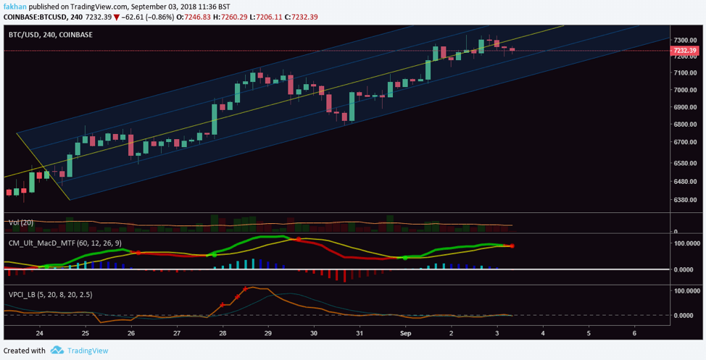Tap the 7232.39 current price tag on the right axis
pos(684,51)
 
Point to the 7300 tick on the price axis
pos(684,40)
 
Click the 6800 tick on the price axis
pos(684,125)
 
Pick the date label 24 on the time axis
pos(39,333)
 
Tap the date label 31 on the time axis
pos(360,333)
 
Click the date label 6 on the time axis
pos(634,333)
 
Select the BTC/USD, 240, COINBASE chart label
pos(45,33)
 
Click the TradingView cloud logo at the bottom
pos(57,351)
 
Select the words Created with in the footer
pos(24,351)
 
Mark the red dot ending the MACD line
pos(512,246)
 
